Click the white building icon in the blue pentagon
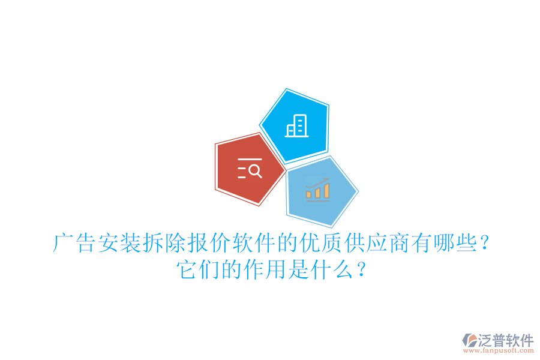coord(297,126)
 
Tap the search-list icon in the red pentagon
coord(250,169)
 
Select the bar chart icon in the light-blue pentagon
coord(317,190)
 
